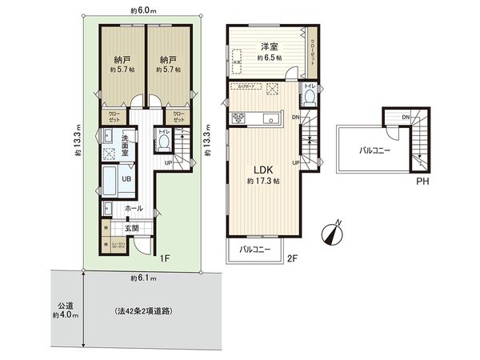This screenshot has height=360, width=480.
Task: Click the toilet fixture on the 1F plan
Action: coord(164,143)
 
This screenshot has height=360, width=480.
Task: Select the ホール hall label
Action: coord(134,208)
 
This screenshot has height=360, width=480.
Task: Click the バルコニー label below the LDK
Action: coord(256,250)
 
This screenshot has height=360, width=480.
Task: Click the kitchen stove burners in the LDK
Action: coord(238,119)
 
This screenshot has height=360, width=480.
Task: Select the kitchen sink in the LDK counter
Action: coord(270,119)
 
